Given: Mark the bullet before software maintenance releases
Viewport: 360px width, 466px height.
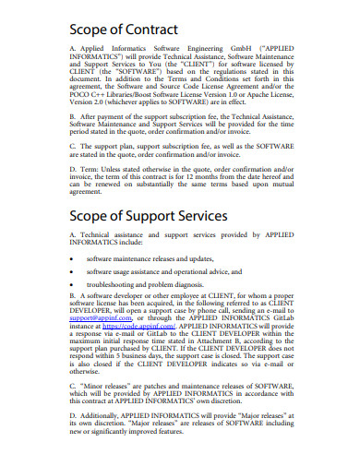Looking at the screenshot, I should pyautogui.click(x=73, y=260).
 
